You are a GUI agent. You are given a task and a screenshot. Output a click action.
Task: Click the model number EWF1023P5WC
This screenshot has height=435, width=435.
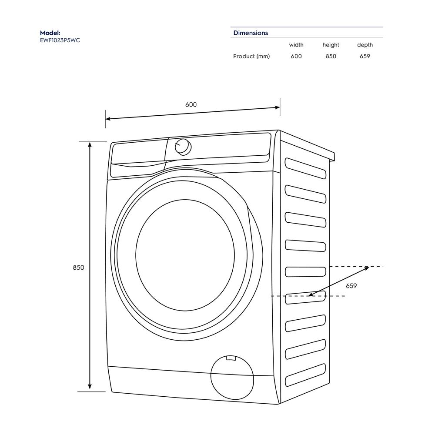click(60, 40)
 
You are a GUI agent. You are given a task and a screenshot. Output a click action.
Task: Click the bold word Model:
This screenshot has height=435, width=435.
click(50, 33)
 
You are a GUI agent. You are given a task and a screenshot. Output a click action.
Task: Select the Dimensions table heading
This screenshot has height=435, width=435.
click(251, 33)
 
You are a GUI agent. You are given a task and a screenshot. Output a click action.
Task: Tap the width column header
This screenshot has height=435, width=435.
click(296, 45)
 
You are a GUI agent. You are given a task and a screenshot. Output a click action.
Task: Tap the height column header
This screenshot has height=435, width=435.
click(331, 45)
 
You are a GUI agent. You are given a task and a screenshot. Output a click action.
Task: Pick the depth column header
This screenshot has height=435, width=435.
click(365, 45)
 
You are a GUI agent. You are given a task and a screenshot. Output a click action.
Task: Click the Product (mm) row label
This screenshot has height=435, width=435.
click(251, 56)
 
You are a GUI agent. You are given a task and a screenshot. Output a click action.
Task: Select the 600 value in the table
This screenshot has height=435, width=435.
click(296, 56)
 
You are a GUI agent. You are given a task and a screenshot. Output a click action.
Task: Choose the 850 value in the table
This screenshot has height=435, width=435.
click(331, 56)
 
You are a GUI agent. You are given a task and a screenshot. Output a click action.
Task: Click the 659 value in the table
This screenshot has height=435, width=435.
click(365, 56)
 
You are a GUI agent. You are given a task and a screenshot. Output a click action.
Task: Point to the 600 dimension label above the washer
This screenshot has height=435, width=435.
click(191, 105)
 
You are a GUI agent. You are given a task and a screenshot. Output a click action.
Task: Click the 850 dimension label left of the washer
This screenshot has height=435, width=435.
click(78, 268)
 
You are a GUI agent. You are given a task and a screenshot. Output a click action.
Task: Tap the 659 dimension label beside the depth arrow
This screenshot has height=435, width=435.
click(351, 286)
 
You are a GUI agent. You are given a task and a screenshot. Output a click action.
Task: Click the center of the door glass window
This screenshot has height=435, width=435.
click(185, 255)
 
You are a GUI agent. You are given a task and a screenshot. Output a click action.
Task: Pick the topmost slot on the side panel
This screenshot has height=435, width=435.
click(305, 168)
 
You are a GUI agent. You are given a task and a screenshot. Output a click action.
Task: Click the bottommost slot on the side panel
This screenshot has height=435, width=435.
click(305, 375)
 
